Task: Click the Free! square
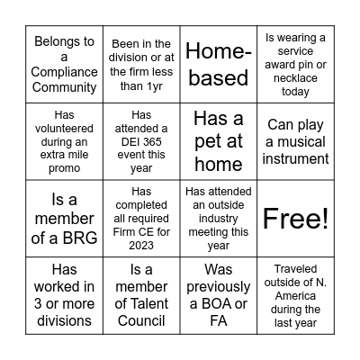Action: (296, 218)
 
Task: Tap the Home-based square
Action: (219, 65)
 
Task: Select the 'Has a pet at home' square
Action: (219, 141)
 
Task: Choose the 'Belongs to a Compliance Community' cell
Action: (64, 65)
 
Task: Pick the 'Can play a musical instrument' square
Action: (296, 141)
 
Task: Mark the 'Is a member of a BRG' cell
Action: (64, 218)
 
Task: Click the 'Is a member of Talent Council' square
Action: (141, 294)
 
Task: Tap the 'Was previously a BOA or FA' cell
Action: (219, 294)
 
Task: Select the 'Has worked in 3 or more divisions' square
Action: (64, 294)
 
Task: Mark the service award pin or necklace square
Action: (296, 65)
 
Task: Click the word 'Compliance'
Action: (64, 72)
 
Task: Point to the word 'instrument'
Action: (296, 158)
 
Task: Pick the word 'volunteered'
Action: (64, 128)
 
